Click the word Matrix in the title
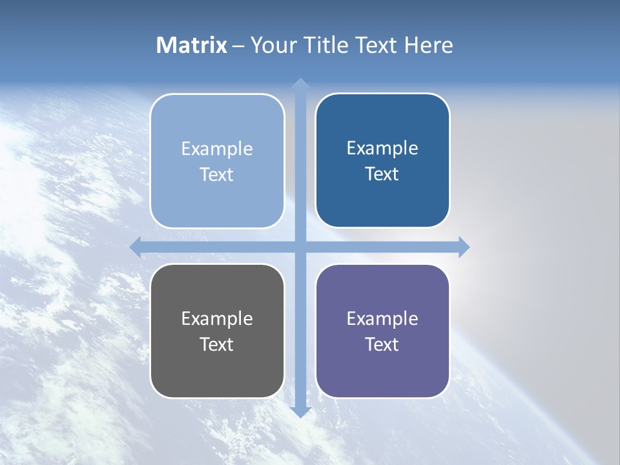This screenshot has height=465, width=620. (x=192, y=45)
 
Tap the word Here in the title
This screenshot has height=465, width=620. (x=429, y=45)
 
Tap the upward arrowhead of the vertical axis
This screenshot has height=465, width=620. (x=300, y=84)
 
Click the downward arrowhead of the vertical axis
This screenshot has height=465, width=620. (x=300, y=411)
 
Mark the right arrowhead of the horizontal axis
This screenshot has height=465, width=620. (x=464, y=247)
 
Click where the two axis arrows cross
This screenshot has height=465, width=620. (x=300, y=247)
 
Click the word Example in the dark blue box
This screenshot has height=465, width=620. (x=382, y=149)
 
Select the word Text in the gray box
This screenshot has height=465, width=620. (x=217, y=344)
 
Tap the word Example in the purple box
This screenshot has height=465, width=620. (x=382, y=318)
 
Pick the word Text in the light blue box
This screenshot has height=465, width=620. (x=217, y=174)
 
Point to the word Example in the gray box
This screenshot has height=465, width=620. (x=217, y=318)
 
